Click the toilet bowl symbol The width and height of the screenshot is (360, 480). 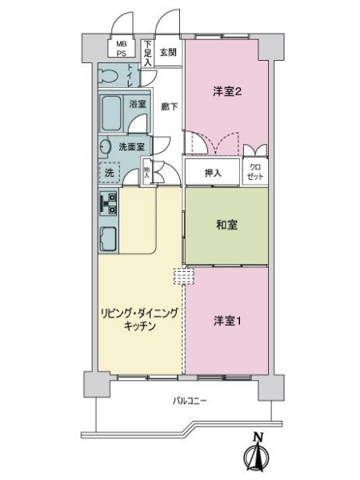(x=108, y=75)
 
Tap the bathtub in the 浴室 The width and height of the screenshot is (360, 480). (x=111, y=114)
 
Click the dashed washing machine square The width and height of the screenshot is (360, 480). (x=110, y=173)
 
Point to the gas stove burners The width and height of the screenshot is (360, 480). (x=108, y=203)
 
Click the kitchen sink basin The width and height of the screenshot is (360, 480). (x=108, y=238)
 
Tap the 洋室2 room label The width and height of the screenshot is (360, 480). (x=227, y=91)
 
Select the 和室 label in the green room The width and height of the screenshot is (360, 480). (x=226, y=225)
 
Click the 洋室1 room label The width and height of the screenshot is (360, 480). (x=227, y=321)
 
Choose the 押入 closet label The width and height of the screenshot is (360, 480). (x=213, y=173)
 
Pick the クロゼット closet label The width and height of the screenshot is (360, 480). (x=255, y=172)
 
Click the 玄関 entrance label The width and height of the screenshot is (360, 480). (x=168, y=52)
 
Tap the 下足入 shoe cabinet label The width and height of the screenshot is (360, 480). (x=148, y=54)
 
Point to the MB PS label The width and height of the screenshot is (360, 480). (x=122, y=49)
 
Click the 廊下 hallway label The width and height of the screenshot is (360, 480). (x=170, y=106)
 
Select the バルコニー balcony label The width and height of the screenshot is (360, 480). (x=190, y=401)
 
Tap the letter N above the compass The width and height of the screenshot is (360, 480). (x=258, y=437)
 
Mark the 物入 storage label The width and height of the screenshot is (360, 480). (x=146, y=173)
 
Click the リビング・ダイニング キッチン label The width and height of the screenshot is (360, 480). (x=139, y=320)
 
